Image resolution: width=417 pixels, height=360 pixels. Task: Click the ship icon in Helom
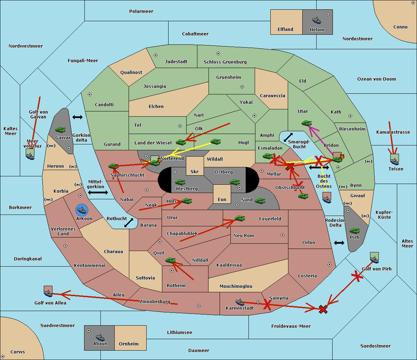coord(316,20)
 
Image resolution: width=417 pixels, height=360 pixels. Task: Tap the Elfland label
coord(285,30)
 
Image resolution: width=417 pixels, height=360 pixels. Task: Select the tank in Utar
coord(306,123)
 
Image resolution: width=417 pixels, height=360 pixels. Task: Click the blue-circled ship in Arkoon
coord(82,210)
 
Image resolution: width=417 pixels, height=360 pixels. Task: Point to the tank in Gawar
coord(60,130)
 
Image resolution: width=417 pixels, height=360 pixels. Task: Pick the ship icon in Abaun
coord(100,337)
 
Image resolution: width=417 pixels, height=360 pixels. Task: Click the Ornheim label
coord(129,344)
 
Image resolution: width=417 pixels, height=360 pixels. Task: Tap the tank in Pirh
coord(354,231)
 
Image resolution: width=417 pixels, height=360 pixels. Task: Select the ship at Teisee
coord(394,160)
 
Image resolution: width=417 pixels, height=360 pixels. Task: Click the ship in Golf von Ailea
coord(48,293)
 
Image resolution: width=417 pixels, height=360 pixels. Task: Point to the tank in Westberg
coord(180,182)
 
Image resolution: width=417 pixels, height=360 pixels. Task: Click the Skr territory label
coord(195,171)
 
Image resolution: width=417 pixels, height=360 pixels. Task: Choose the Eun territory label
coord(222,200)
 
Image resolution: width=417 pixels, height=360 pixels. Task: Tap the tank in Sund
coord(260,200)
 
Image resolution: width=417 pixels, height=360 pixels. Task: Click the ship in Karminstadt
coord(240,302)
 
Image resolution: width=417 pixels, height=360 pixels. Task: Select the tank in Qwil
coord(170,260)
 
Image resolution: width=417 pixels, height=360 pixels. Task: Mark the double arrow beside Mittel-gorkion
coord(98,192)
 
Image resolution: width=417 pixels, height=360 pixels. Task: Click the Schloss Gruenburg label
coord(225,62)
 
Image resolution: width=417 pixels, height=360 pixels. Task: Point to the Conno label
coord(400,27)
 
